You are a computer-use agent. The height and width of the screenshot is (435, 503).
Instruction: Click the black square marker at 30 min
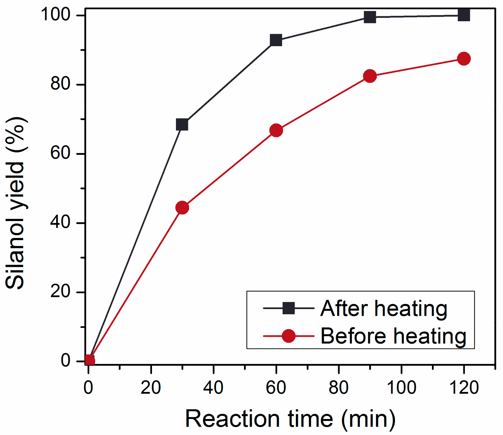point(182,125)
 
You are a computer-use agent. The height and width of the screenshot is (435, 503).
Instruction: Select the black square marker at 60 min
point(276,40)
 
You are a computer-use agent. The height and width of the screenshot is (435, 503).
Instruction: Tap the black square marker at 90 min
point(370,17)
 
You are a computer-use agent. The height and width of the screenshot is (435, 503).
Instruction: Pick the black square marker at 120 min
point(464,15)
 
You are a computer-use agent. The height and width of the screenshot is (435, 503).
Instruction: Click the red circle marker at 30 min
point(182,208)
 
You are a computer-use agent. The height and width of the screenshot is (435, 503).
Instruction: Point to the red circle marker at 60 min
point(276,131)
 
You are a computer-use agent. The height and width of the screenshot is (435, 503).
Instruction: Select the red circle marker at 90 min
point(370,76)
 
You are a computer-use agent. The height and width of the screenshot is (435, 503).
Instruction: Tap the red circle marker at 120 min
point(464,58)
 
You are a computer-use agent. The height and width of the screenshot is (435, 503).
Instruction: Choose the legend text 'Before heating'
point(393,336)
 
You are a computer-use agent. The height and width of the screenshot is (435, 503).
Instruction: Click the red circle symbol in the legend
point(289,336)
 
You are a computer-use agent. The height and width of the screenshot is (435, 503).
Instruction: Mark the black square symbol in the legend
point(289,308)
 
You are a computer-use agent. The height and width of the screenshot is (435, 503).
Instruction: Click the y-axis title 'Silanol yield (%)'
point(15,203)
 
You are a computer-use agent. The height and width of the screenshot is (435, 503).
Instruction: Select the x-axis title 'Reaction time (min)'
point(290,419)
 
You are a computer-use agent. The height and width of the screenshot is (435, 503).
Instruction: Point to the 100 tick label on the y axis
point(56,14)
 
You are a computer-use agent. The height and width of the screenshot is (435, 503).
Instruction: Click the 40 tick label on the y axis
point(60,222)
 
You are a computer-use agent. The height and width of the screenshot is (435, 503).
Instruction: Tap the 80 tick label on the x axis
point(338,388)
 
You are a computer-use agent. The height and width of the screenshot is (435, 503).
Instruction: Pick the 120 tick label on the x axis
point(464,388)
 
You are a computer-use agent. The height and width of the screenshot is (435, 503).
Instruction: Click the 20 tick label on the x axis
point(151,388)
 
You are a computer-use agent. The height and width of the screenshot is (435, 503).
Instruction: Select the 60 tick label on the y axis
point(60,153)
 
